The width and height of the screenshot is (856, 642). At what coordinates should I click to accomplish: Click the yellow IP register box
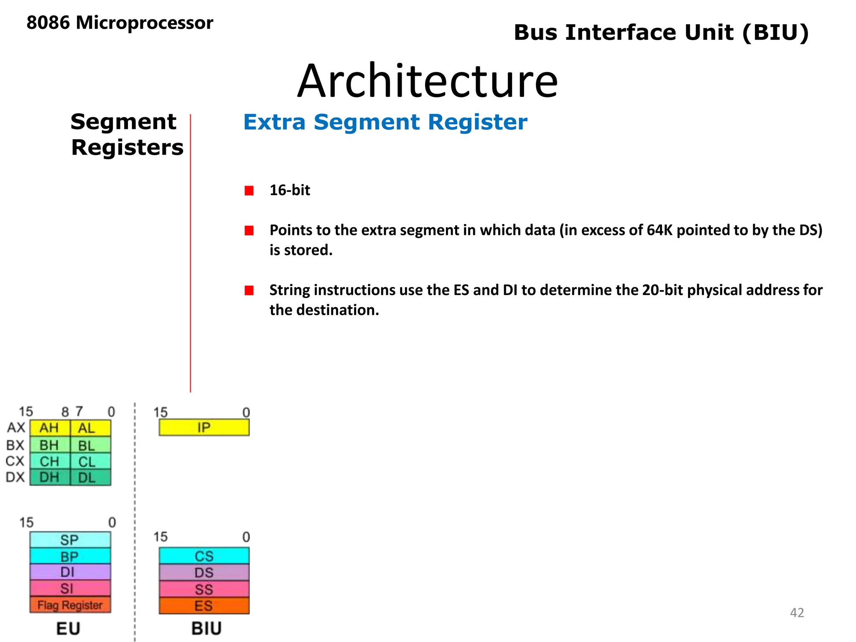[204, 427]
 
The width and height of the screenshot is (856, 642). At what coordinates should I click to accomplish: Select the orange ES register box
[204, 606]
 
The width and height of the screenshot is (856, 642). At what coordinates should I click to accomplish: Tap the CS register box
[204, 556]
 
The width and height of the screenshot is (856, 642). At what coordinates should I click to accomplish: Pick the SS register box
[204, 589]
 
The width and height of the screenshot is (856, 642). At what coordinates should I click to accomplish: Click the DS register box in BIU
[204, 573]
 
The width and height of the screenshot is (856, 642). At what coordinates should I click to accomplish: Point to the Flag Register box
[70, 605]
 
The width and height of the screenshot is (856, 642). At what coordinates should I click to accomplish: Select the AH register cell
[50, 428]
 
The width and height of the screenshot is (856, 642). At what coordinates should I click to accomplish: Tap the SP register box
[70, 540]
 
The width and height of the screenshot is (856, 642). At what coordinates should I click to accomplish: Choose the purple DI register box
[70, 572]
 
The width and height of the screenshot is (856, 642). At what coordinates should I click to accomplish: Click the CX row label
[15, 461]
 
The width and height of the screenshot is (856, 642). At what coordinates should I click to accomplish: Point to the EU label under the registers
[68, 628]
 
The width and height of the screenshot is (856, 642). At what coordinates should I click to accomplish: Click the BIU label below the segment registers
[206, 628]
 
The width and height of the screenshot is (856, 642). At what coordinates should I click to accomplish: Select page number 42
[797, 613]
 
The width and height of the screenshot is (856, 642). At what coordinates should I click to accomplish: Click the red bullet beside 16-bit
[249, 191]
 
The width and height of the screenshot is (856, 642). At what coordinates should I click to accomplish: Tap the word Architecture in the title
[427, 81]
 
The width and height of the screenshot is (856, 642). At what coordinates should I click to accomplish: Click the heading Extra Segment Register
[385, 122]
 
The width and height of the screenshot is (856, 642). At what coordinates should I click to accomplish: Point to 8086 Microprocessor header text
[120, 23]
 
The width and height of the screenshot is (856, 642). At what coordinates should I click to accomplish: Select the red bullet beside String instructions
[249, 290]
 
